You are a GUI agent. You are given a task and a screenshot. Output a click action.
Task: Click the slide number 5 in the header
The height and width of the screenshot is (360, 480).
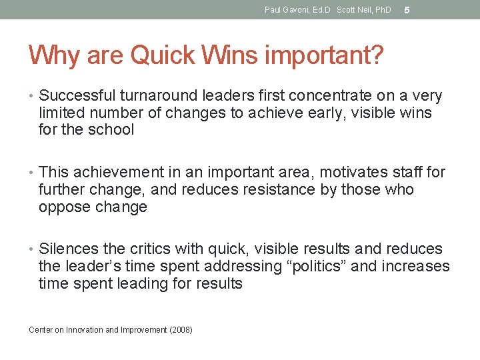point(407,10)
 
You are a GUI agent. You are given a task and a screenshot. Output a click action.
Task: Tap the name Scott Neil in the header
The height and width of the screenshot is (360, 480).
point(355,10)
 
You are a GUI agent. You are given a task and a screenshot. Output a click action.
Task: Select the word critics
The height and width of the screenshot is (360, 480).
point(148,249)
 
